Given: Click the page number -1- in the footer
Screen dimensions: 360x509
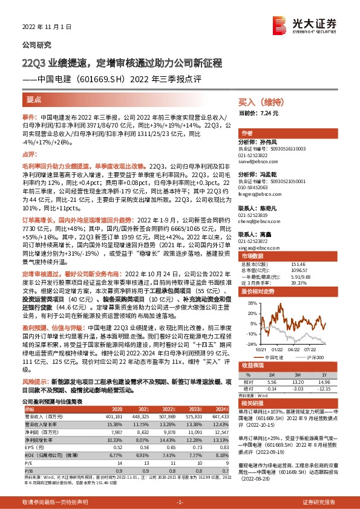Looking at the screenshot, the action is pyautogui.click(x=180, y=502).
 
